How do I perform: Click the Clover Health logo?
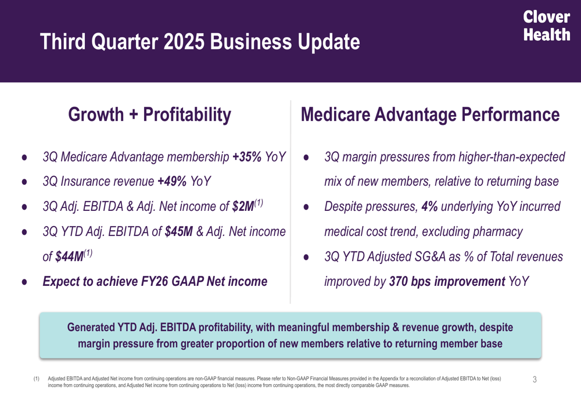pyautogui.click(x=547, y=26)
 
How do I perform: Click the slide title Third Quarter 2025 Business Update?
pyautogui.click(x=199, y=42)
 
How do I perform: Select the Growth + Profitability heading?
pyautogui.click(x=149, y=114)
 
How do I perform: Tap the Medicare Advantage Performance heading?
pyautogui.click(x=430, y=114)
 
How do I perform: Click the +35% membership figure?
pyautogui.click(x=247, y=157)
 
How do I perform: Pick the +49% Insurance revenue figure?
pyautogui.click(x=172, y=182)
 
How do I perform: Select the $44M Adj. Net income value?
pyautogui.click(x=69, y=257)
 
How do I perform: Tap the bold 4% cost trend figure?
pyautogui.click(x=430, y=207)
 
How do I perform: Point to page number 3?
pyautogui.click(x=535, y=379)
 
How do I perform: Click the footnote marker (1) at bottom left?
pyautogui.click(x=37, y=378)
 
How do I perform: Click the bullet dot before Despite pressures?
pyautogui.click(x=307, y=207)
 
